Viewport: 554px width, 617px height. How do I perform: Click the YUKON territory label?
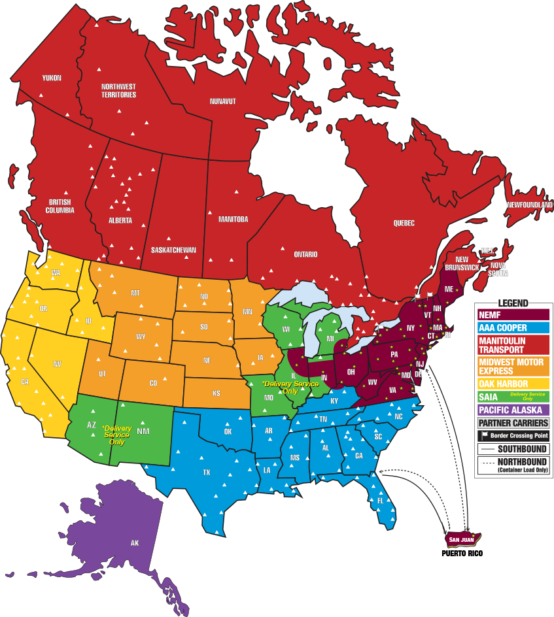[52, 78]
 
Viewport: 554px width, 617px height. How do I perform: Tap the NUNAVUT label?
[223, 101]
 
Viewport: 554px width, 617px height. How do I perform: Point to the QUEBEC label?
[404, 223]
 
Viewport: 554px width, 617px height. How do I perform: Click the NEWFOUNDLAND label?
[529, 205]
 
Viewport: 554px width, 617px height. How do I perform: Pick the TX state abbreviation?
[207, 472]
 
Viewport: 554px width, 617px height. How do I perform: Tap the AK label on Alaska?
[135, 543]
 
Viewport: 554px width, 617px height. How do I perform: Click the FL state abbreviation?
[380, 501]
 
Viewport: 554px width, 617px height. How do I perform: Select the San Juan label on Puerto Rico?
[462, 539]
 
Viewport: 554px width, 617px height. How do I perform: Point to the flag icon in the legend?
[485, 435]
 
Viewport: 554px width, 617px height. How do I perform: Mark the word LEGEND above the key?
[512, 304]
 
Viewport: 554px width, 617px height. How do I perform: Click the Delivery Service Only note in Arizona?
[116, 435]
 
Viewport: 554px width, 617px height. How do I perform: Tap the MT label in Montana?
[135, 293]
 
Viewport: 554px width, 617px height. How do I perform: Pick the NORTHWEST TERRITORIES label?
[118, 90]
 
